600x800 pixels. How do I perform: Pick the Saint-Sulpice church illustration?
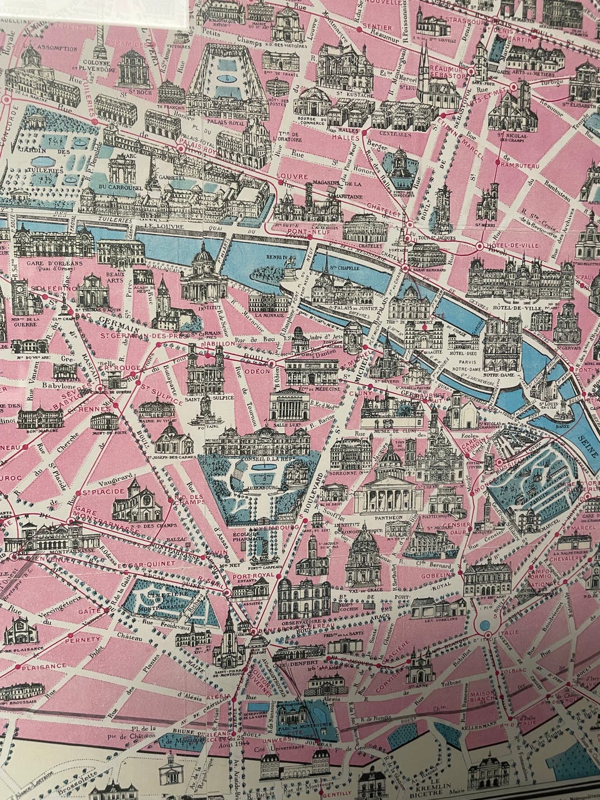[203, 369]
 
